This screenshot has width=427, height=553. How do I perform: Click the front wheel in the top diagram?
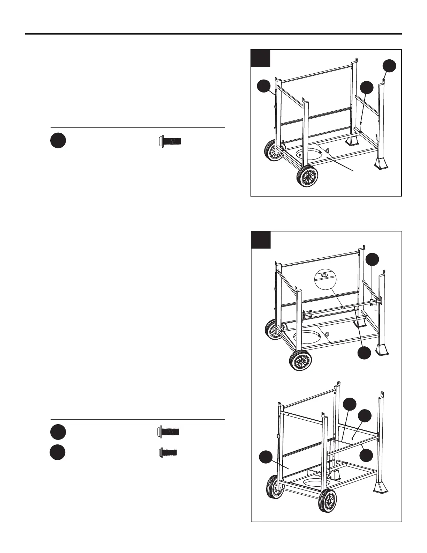[x=307, y=177]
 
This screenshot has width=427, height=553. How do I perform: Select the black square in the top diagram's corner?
[x=261, y=58]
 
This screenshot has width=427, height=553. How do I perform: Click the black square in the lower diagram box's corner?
[x=261, y=240]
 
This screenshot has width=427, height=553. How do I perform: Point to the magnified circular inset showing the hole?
[x=324, y=276]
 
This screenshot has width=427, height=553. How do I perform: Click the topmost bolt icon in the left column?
[x=170, y=141]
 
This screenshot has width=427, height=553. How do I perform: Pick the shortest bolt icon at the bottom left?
[x=168, y=453]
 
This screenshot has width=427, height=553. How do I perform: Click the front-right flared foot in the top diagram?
[x=381, y=162]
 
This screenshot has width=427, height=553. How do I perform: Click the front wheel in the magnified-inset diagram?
[x=300, y=360]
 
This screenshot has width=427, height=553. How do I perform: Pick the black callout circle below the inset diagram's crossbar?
[x=365, y=353]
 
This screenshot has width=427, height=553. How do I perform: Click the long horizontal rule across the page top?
[x=213, y=34]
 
